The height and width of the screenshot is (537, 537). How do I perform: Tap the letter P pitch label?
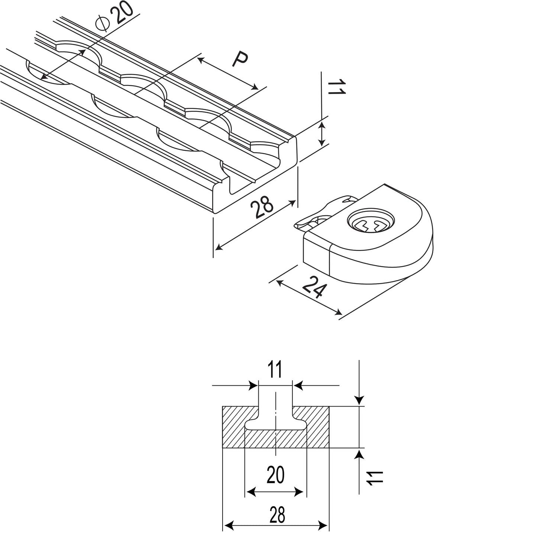point(240,60)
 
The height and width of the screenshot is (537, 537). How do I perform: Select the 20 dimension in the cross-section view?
point(276,475)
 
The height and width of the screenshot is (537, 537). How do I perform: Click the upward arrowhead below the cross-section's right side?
point(359,453)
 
